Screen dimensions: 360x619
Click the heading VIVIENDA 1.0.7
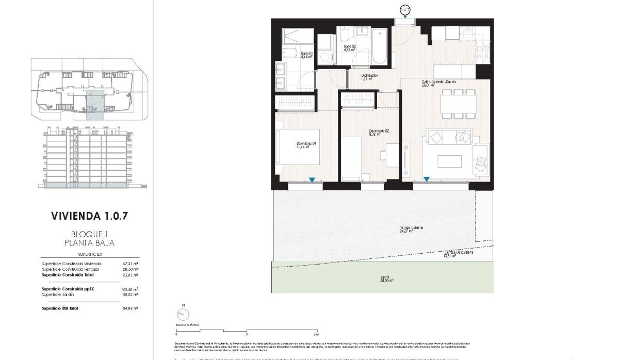[89, 215]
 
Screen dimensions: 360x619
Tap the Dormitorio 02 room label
[379, 133]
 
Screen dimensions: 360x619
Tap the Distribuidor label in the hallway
[370, 77]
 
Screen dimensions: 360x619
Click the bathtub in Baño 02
[379, 46]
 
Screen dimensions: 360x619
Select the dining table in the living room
[458, 105]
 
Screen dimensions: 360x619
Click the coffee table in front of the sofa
[449, 161]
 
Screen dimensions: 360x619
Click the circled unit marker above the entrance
[405, 9]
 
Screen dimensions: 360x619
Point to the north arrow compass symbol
[182, 314]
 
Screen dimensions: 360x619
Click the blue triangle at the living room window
[427, 179]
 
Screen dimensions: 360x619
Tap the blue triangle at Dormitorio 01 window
[312, 179]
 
